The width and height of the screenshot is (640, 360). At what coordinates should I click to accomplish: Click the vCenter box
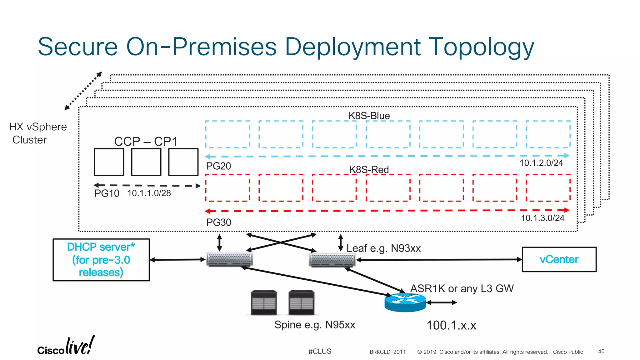[x=559, y=259]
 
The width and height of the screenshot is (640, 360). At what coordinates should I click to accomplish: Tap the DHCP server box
[x=101, y=260]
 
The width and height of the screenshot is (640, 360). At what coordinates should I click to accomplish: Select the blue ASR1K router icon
[x=405, y=302]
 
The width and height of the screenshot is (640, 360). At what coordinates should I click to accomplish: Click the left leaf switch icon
[x=230, y=259]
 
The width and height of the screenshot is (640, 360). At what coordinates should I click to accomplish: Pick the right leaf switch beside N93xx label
[x=332, y=260]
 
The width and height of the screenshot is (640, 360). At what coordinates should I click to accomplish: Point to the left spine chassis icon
[x=264, y=302]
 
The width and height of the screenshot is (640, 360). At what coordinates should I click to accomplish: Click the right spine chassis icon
[x=301, y=302]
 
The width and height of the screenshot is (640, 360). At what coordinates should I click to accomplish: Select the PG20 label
[x=218, y=166]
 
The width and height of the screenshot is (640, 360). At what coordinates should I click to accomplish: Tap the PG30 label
[x=218, y=222]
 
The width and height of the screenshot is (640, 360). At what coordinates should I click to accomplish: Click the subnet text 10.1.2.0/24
[x=541, y=163]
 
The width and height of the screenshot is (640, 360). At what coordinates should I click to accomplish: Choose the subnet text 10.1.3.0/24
[x=542, y=218]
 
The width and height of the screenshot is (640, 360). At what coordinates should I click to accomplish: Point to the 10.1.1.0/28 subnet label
[x=149, y=193]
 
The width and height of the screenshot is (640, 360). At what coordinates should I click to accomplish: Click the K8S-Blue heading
[x=369, y=116]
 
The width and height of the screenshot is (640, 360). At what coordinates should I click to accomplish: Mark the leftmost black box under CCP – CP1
[x=109, y=162]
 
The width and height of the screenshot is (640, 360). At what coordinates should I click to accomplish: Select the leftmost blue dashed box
[x=227, y=134]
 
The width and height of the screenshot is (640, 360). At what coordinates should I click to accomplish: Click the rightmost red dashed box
[x=548, y=188]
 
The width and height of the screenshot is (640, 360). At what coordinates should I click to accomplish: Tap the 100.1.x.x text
[x=451, y=325]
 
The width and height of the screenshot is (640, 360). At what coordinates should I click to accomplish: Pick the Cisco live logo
[x=66, y=346]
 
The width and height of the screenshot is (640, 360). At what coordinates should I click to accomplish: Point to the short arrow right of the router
[x=442, y=302]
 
